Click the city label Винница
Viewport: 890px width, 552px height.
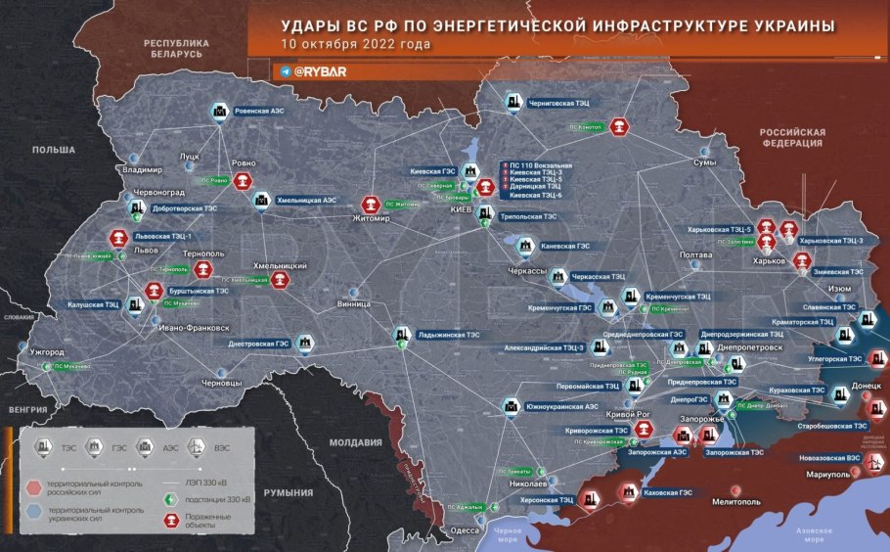click(353, 304)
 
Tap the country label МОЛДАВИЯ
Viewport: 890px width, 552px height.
click(355, 442)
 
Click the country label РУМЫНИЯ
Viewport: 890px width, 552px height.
click(294, 493)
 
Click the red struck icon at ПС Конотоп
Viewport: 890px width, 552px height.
click(619, 126)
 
